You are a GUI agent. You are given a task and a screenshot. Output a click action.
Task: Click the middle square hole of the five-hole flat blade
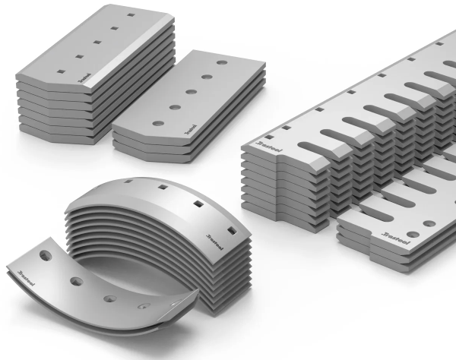(x=96, y=43)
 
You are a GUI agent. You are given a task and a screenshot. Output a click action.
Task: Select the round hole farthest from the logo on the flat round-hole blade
(x=221, y=62)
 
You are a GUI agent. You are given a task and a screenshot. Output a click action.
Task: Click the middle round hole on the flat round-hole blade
(x=191, y=92)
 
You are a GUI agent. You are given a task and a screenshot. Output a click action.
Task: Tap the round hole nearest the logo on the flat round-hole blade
(x=157, y=123)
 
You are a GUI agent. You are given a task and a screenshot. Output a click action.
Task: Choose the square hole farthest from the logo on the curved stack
(x=125, y=183)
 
